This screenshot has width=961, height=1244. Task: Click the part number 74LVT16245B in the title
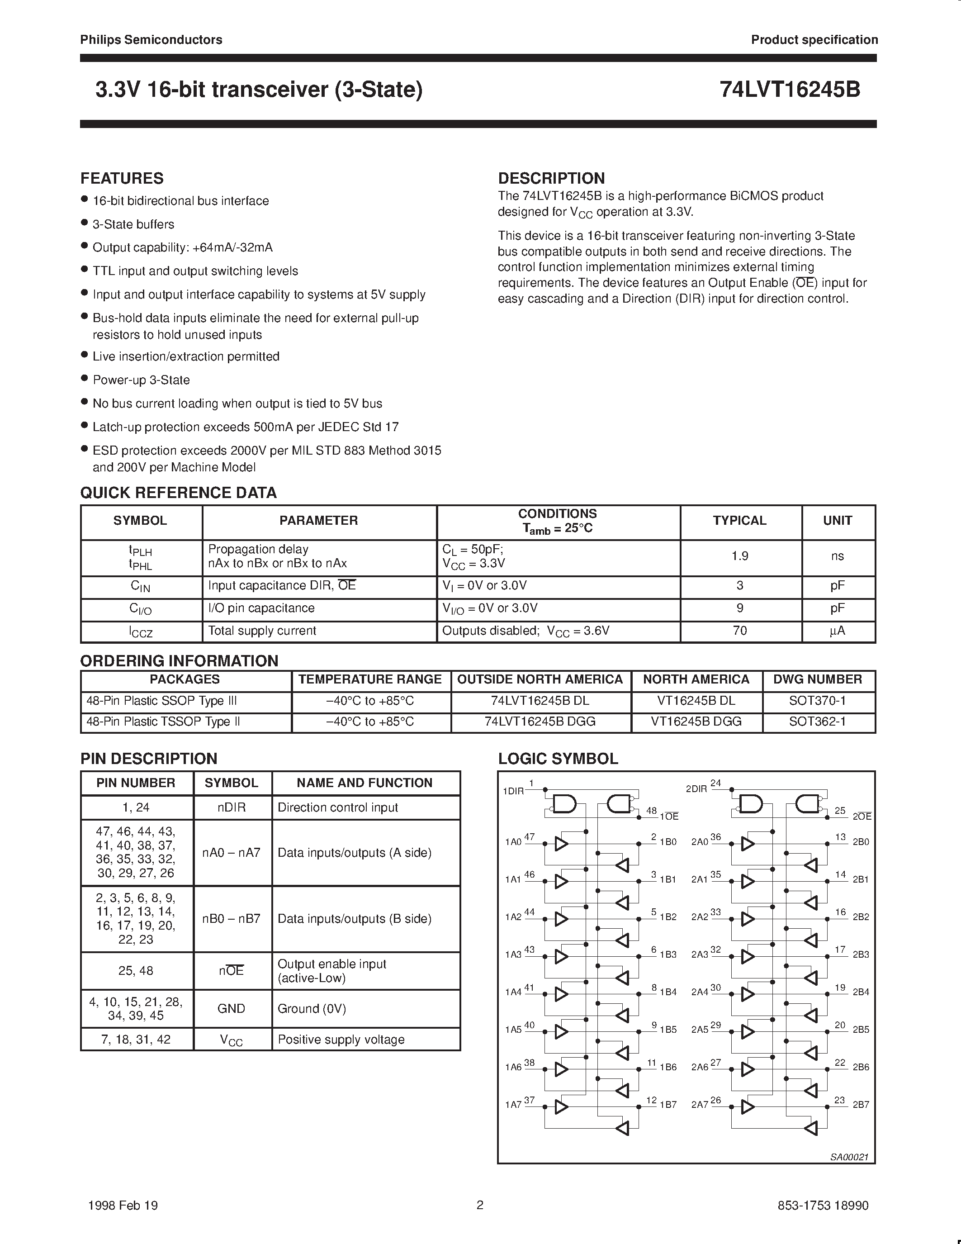(790, 90)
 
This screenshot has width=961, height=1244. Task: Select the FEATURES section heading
(122, 178)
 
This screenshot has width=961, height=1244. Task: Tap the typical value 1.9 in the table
(739, 556)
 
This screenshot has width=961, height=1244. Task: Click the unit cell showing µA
(838, 631)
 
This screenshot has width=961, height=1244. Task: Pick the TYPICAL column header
(739, 521)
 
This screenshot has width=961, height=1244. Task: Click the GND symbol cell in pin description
(231, 1009)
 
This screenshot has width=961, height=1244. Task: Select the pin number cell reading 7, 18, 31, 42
(136, 1040)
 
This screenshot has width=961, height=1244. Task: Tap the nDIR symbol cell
(231, 807)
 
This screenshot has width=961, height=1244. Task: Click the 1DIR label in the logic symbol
(513, 791)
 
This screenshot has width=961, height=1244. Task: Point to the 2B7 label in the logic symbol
(861, 1105)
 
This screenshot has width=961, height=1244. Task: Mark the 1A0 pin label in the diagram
(513, 842)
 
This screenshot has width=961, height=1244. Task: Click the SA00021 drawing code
(849, 1157)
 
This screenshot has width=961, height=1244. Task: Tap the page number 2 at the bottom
(480, 1205)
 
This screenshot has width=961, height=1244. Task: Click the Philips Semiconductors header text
(151, 40)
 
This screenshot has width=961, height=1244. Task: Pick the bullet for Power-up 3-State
(84, 378)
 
